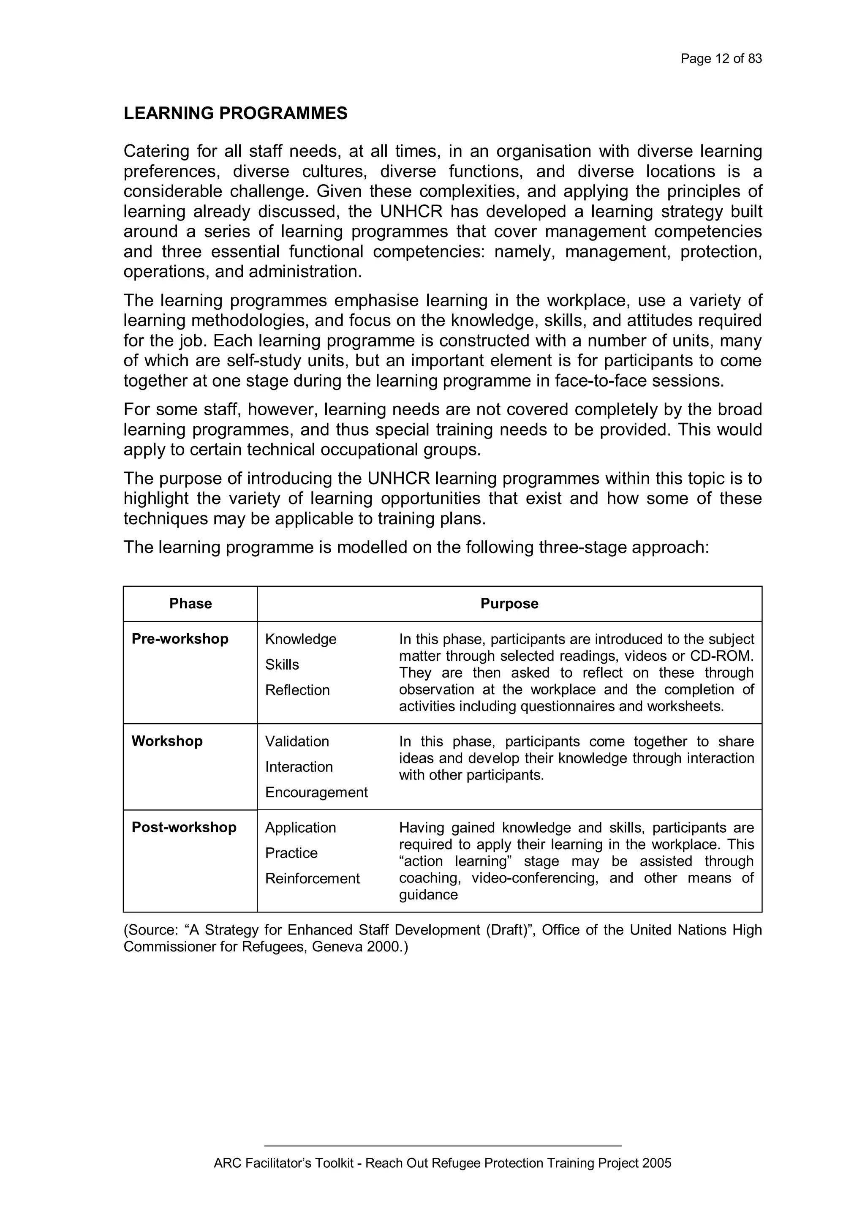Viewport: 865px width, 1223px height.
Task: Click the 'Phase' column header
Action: tap(190, 604)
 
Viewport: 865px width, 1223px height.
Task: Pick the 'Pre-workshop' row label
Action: tap(180, 639)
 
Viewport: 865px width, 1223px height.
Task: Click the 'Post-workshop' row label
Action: tap(184, 827)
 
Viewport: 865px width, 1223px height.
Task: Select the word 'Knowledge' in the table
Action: tap(300, 639)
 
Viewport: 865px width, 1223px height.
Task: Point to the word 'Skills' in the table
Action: tap(282, 665)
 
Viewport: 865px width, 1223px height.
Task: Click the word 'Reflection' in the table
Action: tap(297, 690)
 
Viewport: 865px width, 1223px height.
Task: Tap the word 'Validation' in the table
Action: tap(296, 741)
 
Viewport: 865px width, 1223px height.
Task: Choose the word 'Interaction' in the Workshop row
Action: tap(299, 767)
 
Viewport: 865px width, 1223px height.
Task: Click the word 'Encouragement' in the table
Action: tap(316, 793)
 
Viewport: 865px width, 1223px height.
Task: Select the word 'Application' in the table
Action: tap(300, 828)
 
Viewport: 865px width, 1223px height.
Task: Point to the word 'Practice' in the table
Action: tap(291, 853)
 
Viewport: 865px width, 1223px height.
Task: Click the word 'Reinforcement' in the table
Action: tap(312, 878)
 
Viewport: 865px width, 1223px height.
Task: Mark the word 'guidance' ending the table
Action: tap(428, 895)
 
